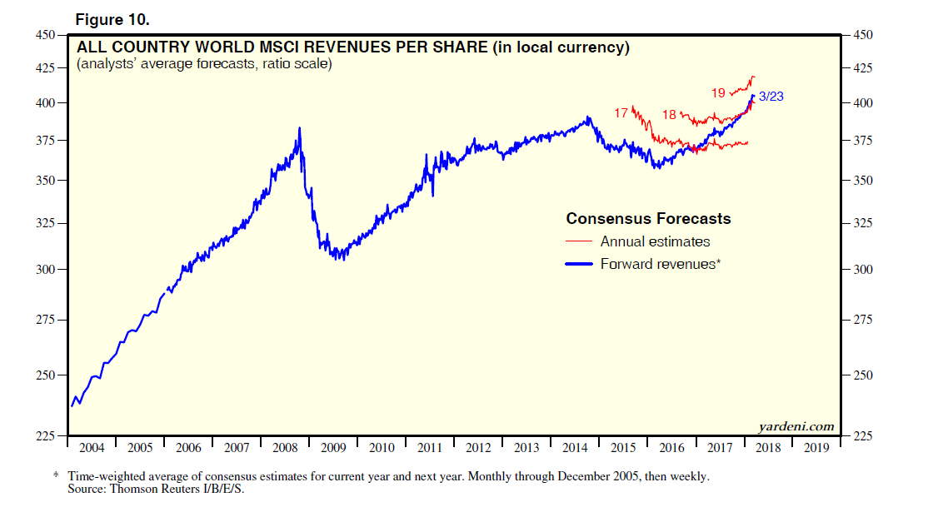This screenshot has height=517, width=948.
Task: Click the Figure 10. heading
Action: coord(112,19)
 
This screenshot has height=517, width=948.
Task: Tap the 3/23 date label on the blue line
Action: coord(771,97)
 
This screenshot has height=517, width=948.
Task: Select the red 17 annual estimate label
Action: coord(621,112)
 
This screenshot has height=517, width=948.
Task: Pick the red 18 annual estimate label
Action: coord(670,114)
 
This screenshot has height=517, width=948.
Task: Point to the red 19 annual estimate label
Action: coord(718,92)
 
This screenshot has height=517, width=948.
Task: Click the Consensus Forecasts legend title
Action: coord(648,219)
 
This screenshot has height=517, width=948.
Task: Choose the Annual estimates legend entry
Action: coord(655,241)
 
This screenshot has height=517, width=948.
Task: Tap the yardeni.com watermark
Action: coord(796,426)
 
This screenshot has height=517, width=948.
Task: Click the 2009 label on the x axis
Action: coord(332,448)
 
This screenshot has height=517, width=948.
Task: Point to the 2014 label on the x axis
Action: coord(575,448)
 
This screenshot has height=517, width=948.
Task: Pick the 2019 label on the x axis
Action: coord(816,448)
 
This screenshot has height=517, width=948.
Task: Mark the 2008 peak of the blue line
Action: coord(299,128)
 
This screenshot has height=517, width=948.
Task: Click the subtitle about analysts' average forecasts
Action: coord(204,64)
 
